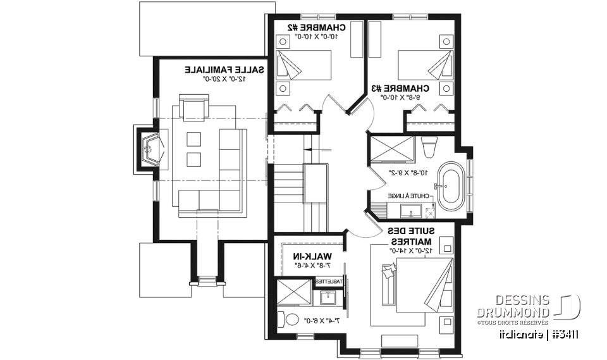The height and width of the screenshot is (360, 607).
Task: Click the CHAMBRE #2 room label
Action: [x=317, y=27]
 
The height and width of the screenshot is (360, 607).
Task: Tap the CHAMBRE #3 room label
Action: [x=409, y=89]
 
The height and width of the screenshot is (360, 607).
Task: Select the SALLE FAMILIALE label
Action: [x=224, y=70]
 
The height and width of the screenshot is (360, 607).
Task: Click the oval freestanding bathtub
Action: [x=453, y=189]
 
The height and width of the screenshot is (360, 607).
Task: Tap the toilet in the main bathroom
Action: [x=428, y=147]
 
